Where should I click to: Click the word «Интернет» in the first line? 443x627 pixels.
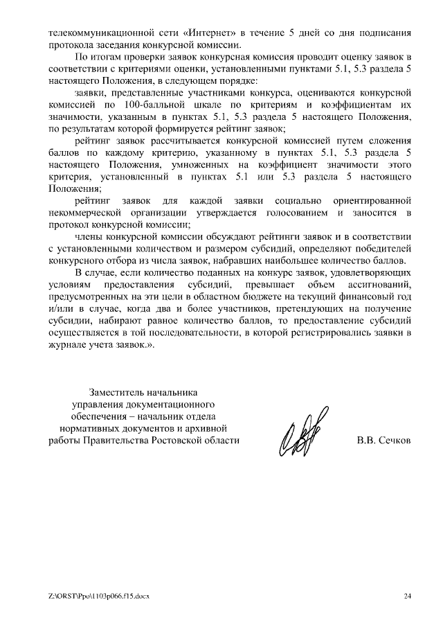coord(208,33)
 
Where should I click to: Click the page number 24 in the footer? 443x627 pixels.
coord(408,595)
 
